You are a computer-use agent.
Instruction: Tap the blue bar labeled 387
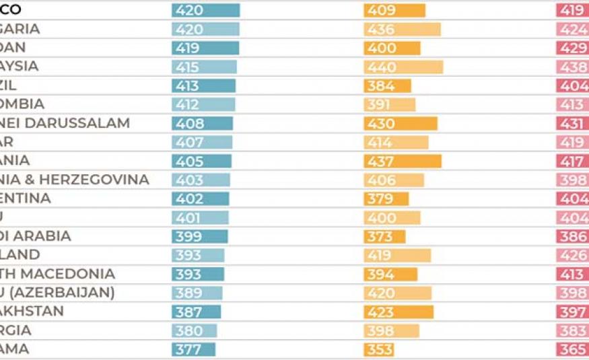click(x=196, y=312)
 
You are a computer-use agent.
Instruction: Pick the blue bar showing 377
click(x=193, y=349)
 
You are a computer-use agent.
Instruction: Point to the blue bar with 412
click(x=203, y=104)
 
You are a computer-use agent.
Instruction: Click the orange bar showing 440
click(x=403, y=67)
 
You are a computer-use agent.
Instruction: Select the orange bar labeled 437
click(x=403, y=161)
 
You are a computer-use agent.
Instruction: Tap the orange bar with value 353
click(x=379, y=349)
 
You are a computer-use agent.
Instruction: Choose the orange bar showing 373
click(x=384, y=236)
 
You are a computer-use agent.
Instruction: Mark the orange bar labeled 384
click(x=387, y=85)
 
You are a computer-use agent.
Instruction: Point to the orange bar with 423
click(x=399, y=312)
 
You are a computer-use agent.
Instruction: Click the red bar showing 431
click(x=572, y=123)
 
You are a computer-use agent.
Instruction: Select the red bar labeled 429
click(x=572, y=48)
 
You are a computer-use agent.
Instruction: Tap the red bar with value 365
click(x=572, y=349)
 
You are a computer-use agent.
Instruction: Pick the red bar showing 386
click(x=572, y=236)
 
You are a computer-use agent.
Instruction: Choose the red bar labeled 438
click(x=572, y=67)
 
